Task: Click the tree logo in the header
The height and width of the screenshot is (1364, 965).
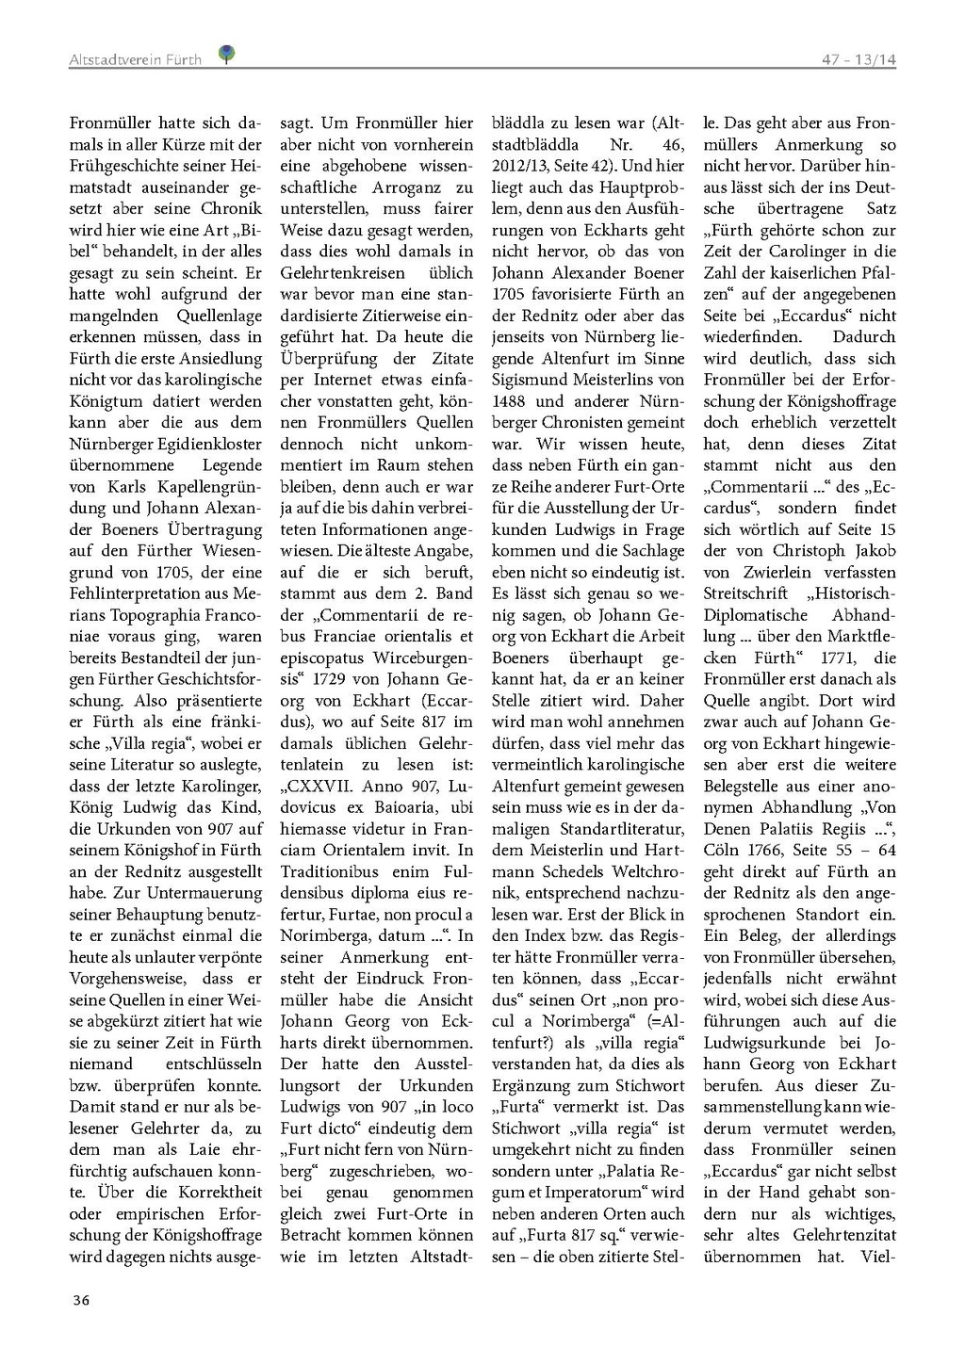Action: tap(226, 56)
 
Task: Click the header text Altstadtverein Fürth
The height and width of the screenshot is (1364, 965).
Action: tap(135, 60)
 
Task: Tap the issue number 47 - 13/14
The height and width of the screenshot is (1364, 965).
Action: tap(858, 60)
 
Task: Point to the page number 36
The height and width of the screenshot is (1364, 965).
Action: tap(81, 1301)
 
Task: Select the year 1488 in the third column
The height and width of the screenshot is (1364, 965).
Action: tap(514, 401)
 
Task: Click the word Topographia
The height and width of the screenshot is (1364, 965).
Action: tap(163, 615)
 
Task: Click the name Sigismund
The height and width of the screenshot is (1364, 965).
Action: tap(532, 380)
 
